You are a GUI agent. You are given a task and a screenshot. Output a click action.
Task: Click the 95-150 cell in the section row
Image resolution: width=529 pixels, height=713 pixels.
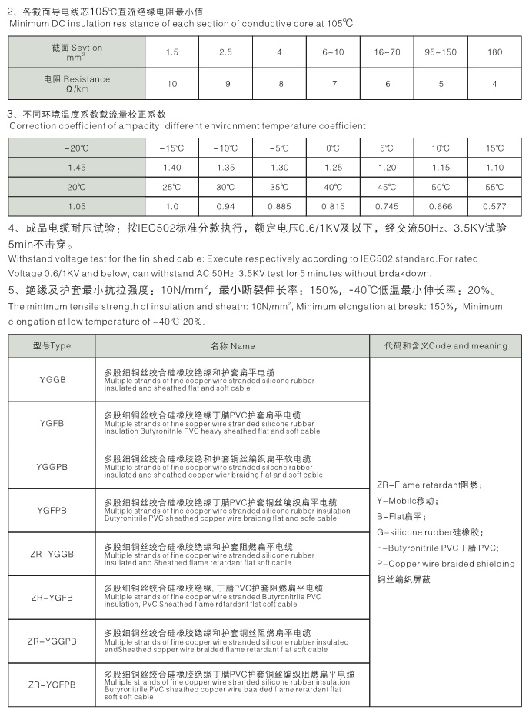pyautogui.click(x=441, y=52)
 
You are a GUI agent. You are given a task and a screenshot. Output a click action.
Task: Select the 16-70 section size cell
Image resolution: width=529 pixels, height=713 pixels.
pyautogui.click(x=388, y=52)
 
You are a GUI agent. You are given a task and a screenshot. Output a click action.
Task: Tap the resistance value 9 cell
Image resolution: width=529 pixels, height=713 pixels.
pyautogui.click(x=225, y=83)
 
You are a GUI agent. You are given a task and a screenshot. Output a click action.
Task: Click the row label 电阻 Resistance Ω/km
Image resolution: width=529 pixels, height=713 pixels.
pyautogui.click(x=76, y=83)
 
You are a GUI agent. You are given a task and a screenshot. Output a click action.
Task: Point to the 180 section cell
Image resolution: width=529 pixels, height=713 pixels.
pyautogui.click(x=495, y=52)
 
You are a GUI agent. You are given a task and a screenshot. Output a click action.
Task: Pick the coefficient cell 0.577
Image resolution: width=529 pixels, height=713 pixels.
pyautogui.click(x=495, y=206)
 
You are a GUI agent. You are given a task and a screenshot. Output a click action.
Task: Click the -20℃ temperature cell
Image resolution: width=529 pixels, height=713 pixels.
pyautogui.click(x=76, y=147)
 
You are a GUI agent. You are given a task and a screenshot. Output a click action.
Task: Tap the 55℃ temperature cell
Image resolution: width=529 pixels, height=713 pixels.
pyautogui.click(x=495, y=187)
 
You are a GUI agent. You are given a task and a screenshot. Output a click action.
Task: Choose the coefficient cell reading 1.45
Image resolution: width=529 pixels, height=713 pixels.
pyautogui.click(x=76, y=167)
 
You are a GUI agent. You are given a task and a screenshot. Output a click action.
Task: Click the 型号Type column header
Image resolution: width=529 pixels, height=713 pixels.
pyautogui.click(x=52, y=346)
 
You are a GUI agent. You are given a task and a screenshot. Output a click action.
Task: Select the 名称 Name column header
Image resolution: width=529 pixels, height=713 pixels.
pyautogui.click(x=232, y=346)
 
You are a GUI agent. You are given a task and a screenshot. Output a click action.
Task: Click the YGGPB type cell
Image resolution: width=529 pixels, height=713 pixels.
pyautogui.click(x=52, y=467)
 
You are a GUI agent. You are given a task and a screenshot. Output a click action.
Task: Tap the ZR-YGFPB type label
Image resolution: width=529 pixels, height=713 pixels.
pyautogui.click(x=52, y=684)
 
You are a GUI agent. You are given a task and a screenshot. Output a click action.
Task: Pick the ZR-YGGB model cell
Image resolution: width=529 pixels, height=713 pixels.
pyautogui.click(x=52, y=554)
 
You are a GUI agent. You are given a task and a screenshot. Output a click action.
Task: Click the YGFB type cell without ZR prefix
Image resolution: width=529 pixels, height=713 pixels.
pyautogui.click(x=52, y=423)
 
